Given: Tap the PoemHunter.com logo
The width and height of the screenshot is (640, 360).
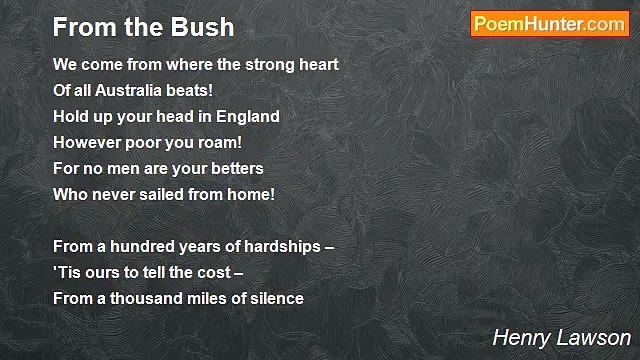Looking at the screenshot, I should click(549, 24).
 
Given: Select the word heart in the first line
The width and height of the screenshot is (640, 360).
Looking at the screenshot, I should click(316, 65).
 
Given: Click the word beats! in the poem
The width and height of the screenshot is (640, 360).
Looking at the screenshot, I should click(193, 91).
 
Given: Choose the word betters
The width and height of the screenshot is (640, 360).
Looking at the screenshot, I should click(231, 169).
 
